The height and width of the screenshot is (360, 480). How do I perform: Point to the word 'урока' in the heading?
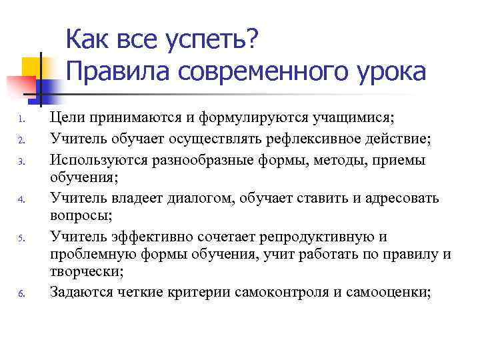pos(387,71)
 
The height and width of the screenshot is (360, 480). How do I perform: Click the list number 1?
pos(21,121)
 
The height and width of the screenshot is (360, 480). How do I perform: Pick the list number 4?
pos(21,198)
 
